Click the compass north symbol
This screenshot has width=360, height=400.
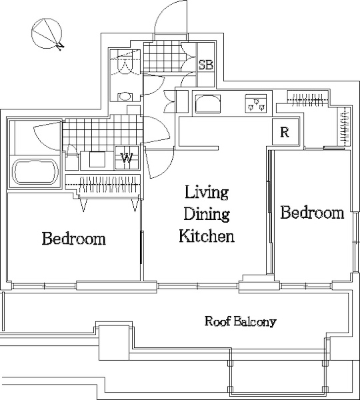(x=47, y=34)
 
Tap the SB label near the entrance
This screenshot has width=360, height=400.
(x=205, y=65)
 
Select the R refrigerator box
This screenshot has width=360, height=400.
(x=285, y=132)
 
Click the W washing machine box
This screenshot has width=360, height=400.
(x=127, y=158)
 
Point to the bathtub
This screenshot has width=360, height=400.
(x=35, y=172)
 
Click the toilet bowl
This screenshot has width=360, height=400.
(x=125, y=97)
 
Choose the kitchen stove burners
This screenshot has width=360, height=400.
(x=256, y=103)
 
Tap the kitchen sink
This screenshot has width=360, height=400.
(x=207, y=103)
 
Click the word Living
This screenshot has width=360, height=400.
(x=207, y=193)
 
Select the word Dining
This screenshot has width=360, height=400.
(x=207, y=214)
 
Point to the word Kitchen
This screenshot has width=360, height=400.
(x=207, y=235)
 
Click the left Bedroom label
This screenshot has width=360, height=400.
(x=74, y=239)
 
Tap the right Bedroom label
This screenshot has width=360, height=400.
(x=312, y=213)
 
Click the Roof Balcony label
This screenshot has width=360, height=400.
(x=241, y=321)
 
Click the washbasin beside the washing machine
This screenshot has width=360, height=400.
(x=97, y=159)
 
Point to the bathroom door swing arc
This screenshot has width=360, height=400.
(x=46, y=137)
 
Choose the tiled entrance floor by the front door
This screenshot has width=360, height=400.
(x=161, y=57)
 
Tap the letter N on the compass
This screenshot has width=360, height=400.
(x=60, y=46)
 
